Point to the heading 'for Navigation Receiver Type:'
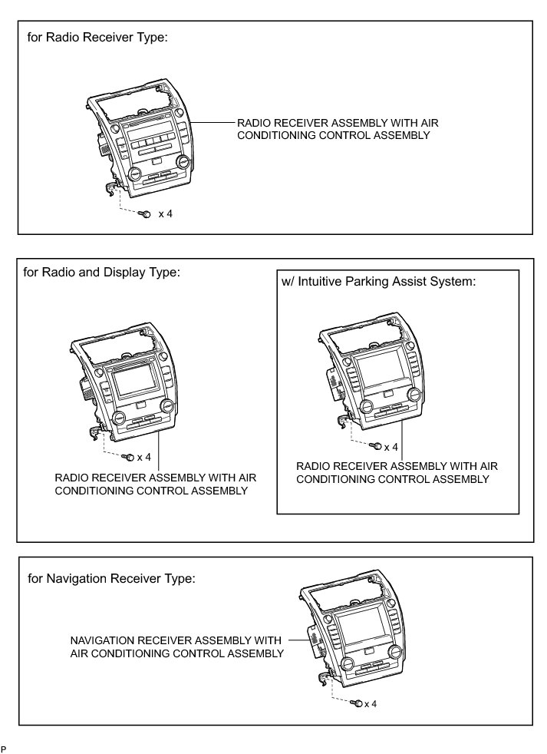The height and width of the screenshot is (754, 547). click(111, 578)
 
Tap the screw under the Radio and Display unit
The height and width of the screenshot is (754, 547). click(130, 458)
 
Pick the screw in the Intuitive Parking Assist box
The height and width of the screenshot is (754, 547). click(376, 445)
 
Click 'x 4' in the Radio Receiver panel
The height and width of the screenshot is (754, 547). click(165, 213)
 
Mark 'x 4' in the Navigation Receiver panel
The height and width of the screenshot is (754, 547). click(371, 703)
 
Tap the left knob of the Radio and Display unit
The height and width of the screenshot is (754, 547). click(119, 419)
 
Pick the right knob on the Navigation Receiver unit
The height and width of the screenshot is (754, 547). click(394, 652)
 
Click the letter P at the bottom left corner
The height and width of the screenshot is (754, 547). click(4, 748)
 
